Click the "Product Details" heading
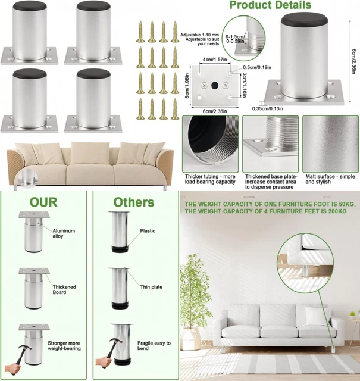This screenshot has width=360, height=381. coord(270,5)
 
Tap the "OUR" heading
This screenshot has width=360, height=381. coord(43,202)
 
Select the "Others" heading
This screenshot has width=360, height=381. coord(134,202)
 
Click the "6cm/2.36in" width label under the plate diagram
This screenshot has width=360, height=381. coord(215,111)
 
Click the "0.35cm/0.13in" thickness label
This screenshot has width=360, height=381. coord(267,108)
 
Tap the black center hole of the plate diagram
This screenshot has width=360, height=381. coord(215,85)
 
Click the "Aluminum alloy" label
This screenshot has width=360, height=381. coord(64,233)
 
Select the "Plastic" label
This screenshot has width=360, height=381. coord(148,231)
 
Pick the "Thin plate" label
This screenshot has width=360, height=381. coord(151,287)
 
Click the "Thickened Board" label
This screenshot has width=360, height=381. coord(64,289)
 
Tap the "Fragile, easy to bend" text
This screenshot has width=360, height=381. coord(154,345)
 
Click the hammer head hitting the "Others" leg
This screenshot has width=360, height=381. coord(114,341)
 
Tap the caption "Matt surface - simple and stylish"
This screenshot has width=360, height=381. coord(330,179)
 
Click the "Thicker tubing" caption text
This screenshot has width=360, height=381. coord(210,179)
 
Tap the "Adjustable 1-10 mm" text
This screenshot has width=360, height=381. coord(199,35)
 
